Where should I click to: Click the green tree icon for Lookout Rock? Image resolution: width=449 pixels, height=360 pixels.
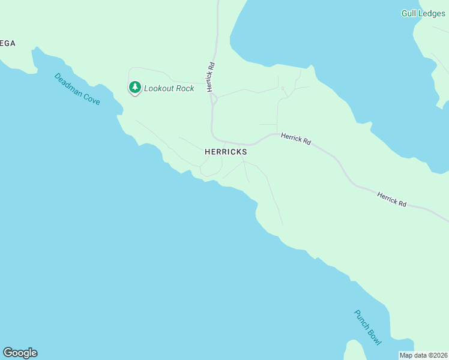coord(135,88)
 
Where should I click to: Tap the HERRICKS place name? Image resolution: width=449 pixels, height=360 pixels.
coord(226,152)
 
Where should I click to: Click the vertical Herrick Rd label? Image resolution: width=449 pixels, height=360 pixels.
coord(211,78)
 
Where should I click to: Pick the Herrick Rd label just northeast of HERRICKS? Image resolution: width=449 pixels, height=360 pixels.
coord(296,139)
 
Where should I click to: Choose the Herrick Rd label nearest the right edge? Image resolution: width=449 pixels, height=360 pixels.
coord(392,199)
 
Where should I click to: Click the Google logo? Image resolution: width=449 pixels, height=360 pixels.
coord(20,353)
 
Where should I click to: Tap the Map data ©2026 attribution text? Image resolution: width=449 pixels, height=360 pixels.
coord(424,355)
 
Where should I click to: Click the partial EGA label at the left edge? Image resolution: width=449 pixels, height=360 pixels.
coord(7,43)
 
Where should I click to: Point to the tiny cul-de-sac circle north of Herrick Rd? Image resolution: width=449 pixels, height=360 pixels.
coord(282,88)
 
